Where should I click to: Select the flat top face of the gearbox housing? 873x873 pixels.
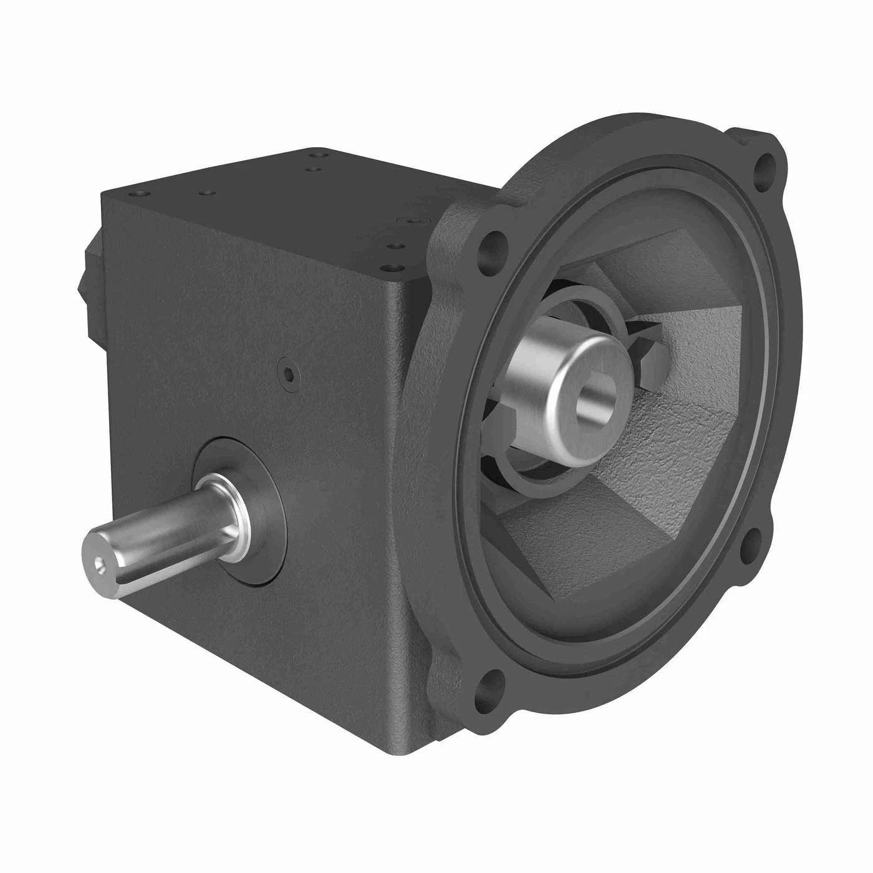coord(281,206)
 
